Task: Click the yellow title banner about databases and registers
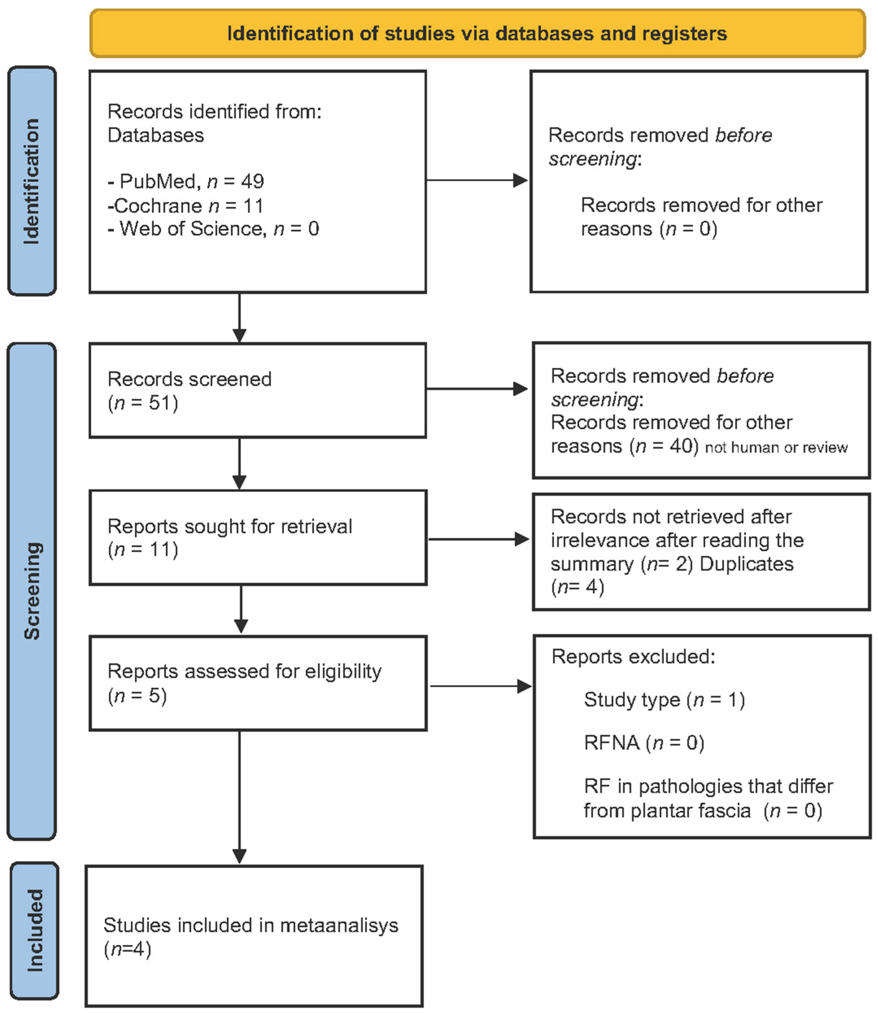pyautogui.click(x=477, y=33)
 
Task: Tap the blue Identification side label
pyautogui.click(x=32, y=181)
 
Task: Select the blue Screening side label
pyautogui.click(x=32, y=591)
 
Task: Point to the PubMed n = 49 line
pyautogui.click(x=186, y=182)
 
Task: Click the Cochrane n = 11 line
pyautogui.click(x=185, y=206)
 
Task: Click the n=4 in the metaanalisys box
pyautogui.click(x=127, y=949)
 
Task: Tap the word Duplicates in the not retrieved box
pyautogui.click(x=746, y=564)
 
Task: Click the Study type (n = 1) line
pyautogui.click(x=664, y=700)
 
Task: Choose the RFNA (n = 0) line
pyautogui.click(x=644, y=743)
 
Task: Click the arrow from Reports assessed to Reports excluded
pyautogui.click(x=480, y=686)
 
